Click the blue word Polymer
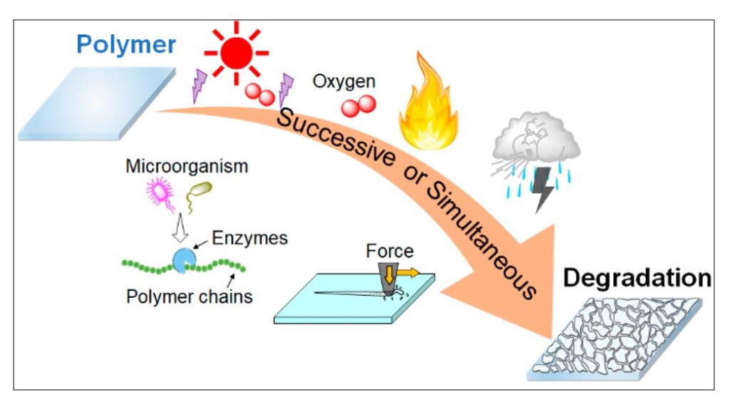[126, 45]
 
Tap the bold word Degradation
[637, 278]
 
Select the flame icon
[428, 103]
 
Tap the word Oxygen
[344, 81]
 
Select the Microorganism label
[187, 167]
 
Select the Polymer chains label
[190, 296]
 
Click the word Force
[389, 251]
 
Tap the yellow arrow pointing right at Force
[408, 272]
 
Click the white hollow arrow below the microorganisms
[182, 227]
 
